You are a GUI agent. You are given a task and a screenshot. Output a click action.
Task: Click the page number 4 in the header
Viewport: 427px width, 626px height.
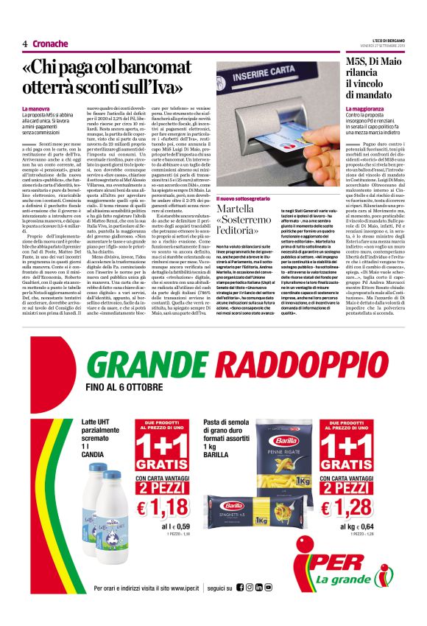click(25, 44)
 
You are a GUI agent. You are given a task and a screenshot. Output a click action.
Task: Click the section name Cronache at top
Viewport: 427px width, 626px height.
click(50, 44)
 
